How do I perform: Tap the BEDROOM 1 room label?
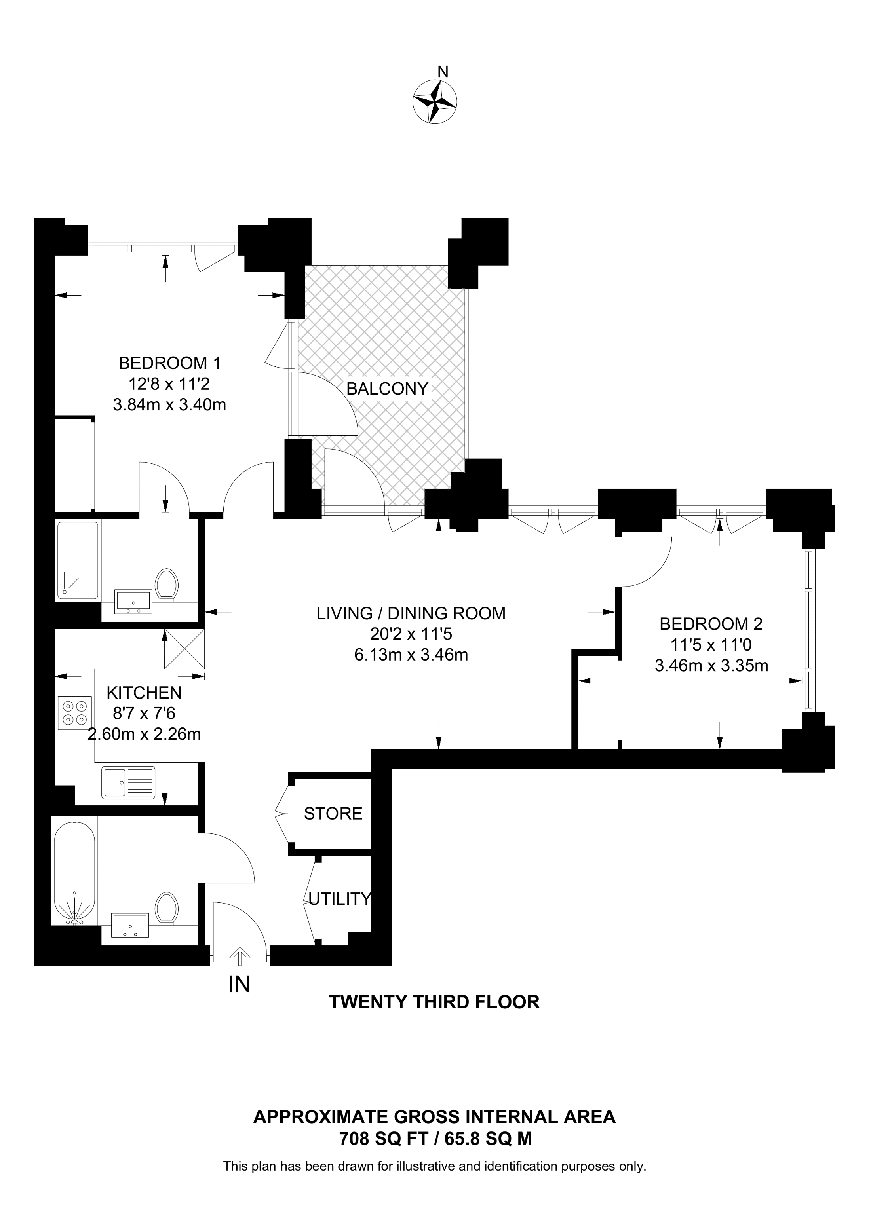pos(169,363)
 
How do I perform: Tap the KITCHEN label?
pos(144,693)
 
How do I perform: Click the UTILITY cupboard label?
pos(340,898)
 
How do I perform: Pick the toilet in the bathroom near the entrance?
pos(166,908)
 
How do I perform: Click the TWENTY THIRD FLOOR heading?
pos(434,1002)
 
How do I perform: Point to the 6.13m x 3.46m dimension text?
pos(411,655)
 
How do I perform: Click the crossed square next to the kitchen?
pos(184,649)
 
